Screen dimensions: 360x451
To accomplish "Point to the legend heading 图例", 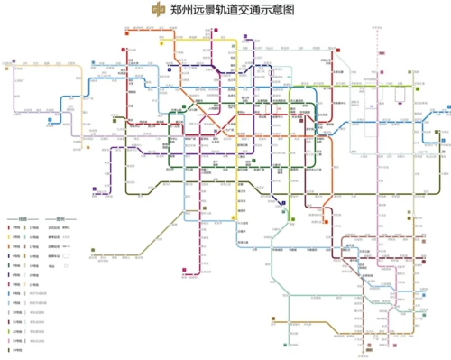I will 62,218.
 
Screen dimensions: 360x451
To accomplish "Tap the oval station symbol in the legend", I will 64,268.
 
